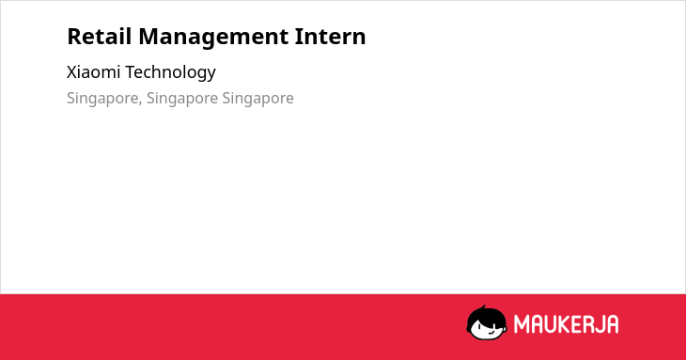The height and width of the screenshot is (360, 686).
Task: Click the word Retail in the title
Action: (100, 36)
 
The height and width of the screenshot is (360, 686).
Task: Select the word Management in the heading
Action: (213, 38)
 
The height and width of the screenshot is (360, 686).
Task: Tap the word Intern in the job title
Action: (330, 36)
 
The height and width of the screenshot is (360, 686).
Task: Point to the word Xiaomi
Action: (93, 71)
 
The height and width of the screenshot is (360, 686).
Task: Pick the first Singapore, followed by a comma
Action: (102, 99)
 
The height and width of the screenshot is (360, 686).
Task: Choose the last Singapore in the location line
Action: (257, 99)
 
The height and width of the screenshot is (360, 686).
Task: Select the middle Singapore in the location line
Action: (182, 99)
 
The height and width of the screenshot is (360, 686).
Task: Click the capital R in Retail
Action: (74, 37)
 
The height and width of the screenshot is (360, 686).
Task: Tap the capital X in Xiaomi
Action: (72, 72)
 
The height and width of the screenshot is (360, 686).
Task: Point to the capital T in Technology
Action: (131, 72)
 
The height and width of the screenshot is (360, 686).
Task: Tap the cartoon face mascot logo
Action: (487, 322)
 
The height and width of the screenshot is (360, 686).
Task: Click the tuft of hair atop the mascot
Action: (484, 308)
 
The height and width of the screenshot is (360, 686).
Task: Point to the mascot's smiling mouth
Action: (491, 332)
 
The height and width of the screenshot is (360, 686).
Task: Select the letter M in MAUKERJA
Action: (521, 324)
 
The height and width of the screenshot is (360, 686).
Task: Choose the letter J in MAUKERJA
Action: (598, 324)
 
